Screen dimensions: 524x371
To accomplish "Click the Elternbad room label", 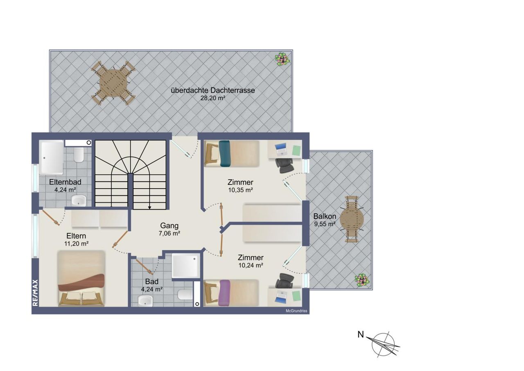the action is (65, 182).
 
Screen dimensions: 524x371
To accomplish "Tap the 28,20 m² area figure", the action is (212, 98).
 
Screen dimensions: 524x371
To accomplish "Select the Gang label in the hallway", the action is (169, 225).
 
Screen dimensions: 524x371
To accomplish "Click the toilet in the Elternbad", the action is (79, 155).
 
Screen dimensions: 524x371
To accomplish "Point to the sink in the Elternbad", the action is (79, 200).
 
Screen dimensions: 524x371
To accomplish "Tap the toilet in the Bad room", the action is (185, 295).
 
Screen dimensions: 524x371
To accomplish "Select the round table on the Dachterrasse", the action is (113, 83).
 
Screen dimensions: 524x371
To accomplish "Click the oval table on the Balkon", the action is (352, 219).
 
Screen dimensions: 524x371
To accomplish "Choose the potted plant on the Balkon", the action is (361, 280).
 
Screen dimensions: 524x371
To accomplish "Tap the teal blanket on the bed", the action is (225, 153).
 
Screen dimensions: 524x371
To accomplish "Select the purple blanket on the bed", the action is (224, 293).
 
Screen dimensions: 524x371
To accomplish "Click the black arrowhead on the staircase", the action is (149, 207).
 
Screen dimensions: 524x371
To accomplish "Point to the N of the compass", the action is (361, 335).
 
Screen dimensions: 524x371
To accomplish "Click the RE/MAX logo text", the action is (35, 293).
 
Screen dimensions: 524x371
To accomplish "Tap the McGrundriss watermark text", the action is (296, 311).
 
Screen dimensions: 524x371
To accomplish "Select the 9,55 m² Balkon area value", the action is (325, 224).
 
